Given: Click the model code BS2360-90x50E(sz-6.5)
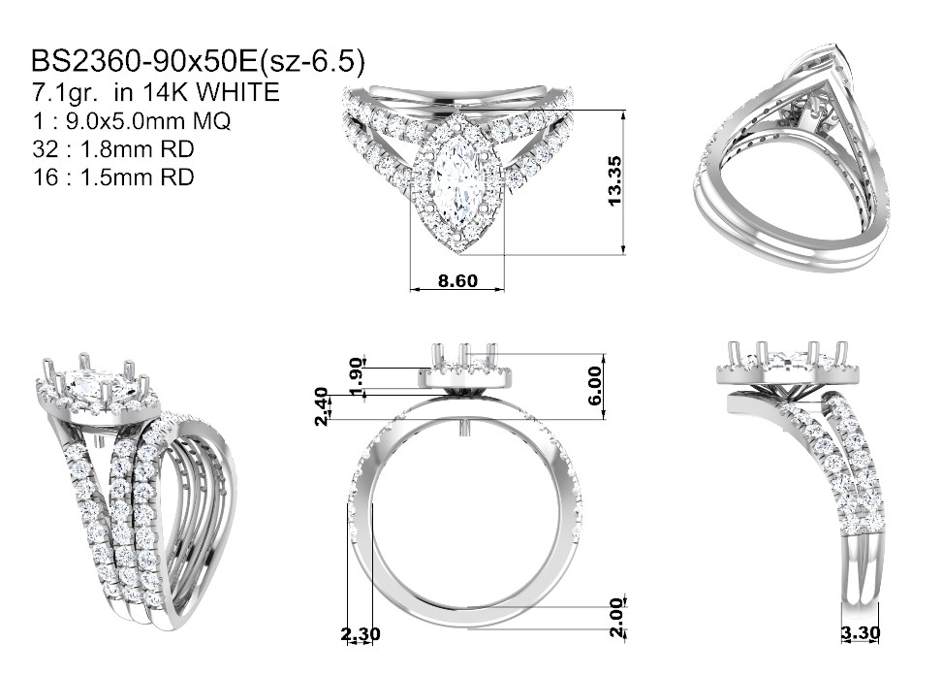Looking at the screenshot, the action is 198,61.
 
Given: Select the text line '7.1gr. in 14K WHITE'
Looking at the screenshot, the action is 155,92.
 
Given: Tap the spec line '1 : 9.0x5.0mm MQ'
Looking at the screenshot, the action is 132,121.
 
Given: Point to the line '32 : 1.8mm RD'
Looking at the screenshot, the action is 113,148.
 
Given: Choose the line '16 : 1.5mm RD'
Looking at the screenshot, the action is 113,177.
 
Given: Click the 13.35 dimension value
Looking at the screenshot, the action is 614,180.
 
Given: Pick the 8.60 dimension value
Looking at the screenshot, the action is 457,280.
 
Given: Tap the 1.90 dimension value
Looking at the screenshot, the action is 357,377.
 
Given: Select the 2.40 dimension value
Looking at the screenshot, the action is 323,406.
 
